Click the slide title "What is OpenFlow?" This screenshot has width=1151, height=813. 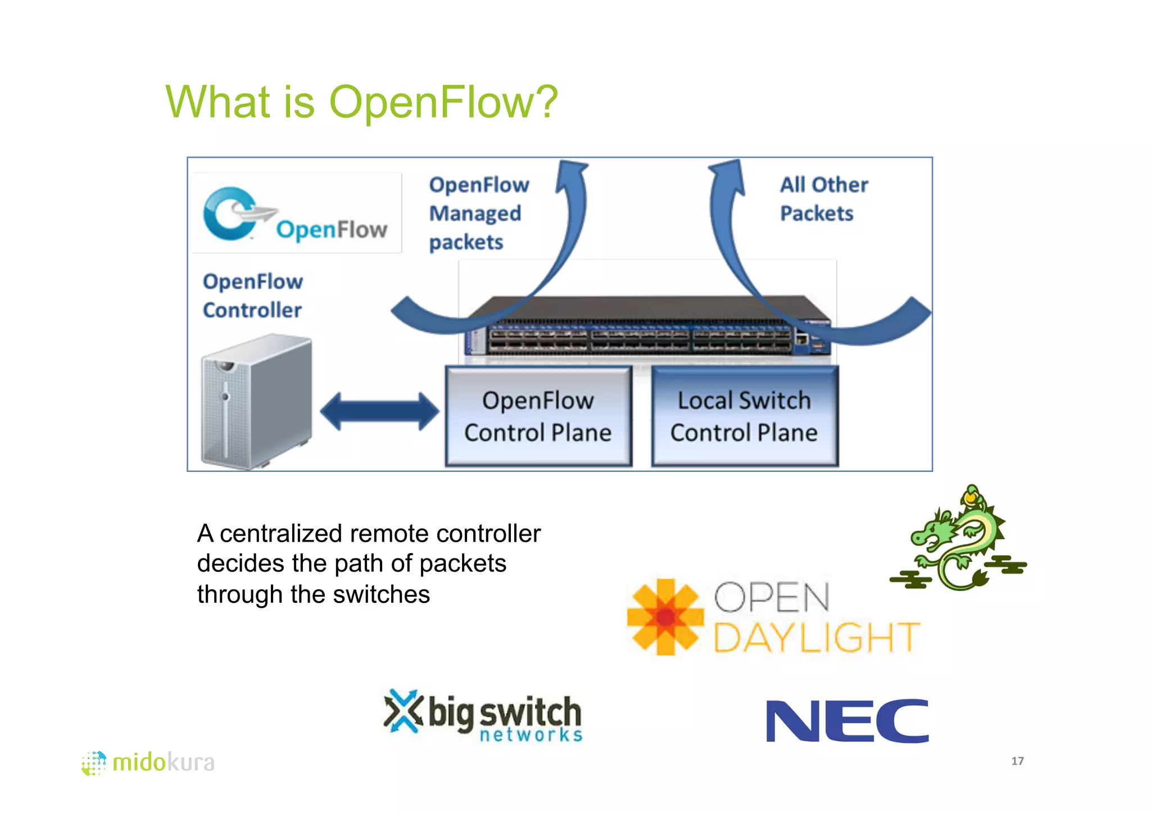click(361, 102)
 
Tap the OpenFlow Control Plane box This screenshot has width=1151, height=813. click(538, 416)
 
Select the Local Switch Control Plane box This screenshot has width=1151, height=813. click(744, 416)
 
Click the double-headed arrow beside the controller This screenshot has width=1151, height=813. click(379, 411)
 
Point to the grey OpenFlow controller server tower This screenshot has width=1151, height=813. click(256, 401)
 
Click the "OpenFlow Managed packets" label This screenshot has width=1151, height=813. click(478, 214)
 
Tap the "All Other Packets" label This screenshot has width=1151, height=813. click(823, 199)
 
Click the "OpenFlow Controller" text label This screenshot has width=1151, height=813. click(252, 296)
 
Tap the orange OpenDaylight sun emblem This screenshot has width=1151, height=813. click(665, 617)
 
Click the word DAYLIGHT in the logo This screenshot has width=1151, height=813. click(816, 638)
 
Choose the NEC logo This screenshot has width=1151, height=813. click(847, 721)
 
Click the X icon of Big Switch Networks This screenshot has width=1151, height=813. click(402, 711)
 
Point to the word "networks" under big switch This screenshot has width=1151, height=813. click(531, 735)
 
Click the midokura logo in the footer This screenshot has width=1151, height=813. click(148, 762)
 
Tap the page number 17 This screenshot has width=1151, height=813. click(1017, 761)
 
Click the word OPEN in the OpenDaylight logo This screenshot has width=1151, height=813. click(772, 597)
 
